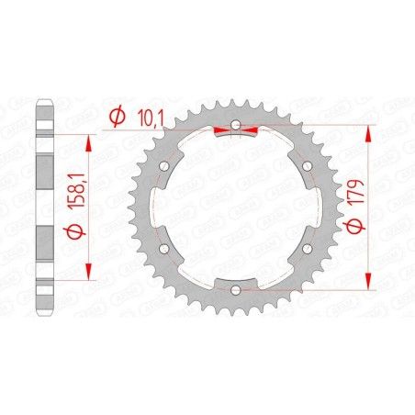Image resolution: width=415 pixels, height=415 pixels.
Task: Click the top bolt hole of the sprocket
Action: point(235,124)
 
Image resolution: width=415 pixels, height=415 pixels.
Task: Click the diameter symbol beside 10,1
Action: point(115,117)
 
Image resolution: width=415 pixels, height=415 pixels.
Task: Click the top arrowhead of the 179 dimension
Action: point(368,129)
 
